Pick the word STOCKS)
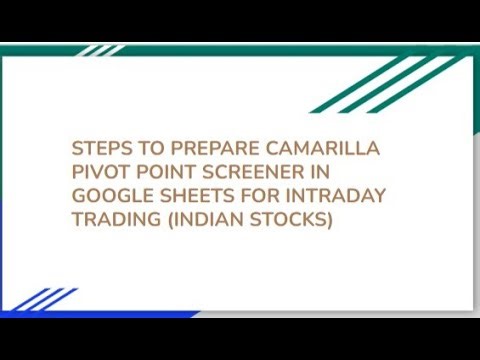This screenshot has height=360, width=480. point(291,219)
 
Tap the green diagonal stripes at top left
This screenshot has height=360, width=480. point(100,50)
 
